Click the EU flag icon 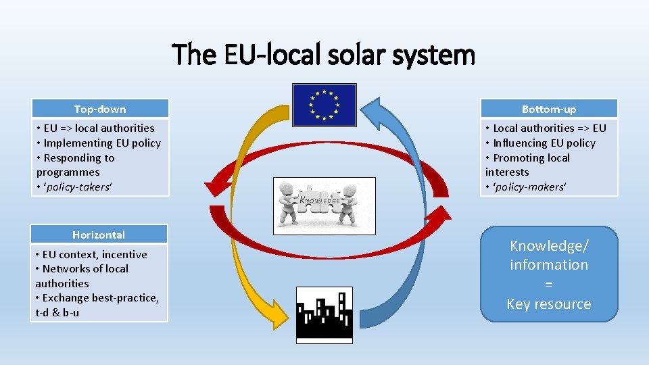(x=324, y=105)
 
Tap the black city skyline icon (x=324, y=314)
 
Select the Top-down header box (x=100, y=109)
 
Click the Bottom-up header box (x=549, y=109)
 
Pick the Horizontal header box (x=99, y=235)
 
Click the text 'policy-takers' (x=76, y=187)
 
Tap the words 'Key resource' (x=549, y=304)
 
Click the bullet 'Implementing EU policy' (x=102, y=143)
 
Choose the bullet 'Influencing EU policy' (x=544, y=143)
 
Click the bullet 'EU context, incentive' (x=94, y=254)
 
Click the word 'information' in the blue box (x=549, y=265)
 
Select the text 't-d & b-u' (x=57, y=312)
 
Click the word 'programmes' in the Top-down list (x=68, y=172)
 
